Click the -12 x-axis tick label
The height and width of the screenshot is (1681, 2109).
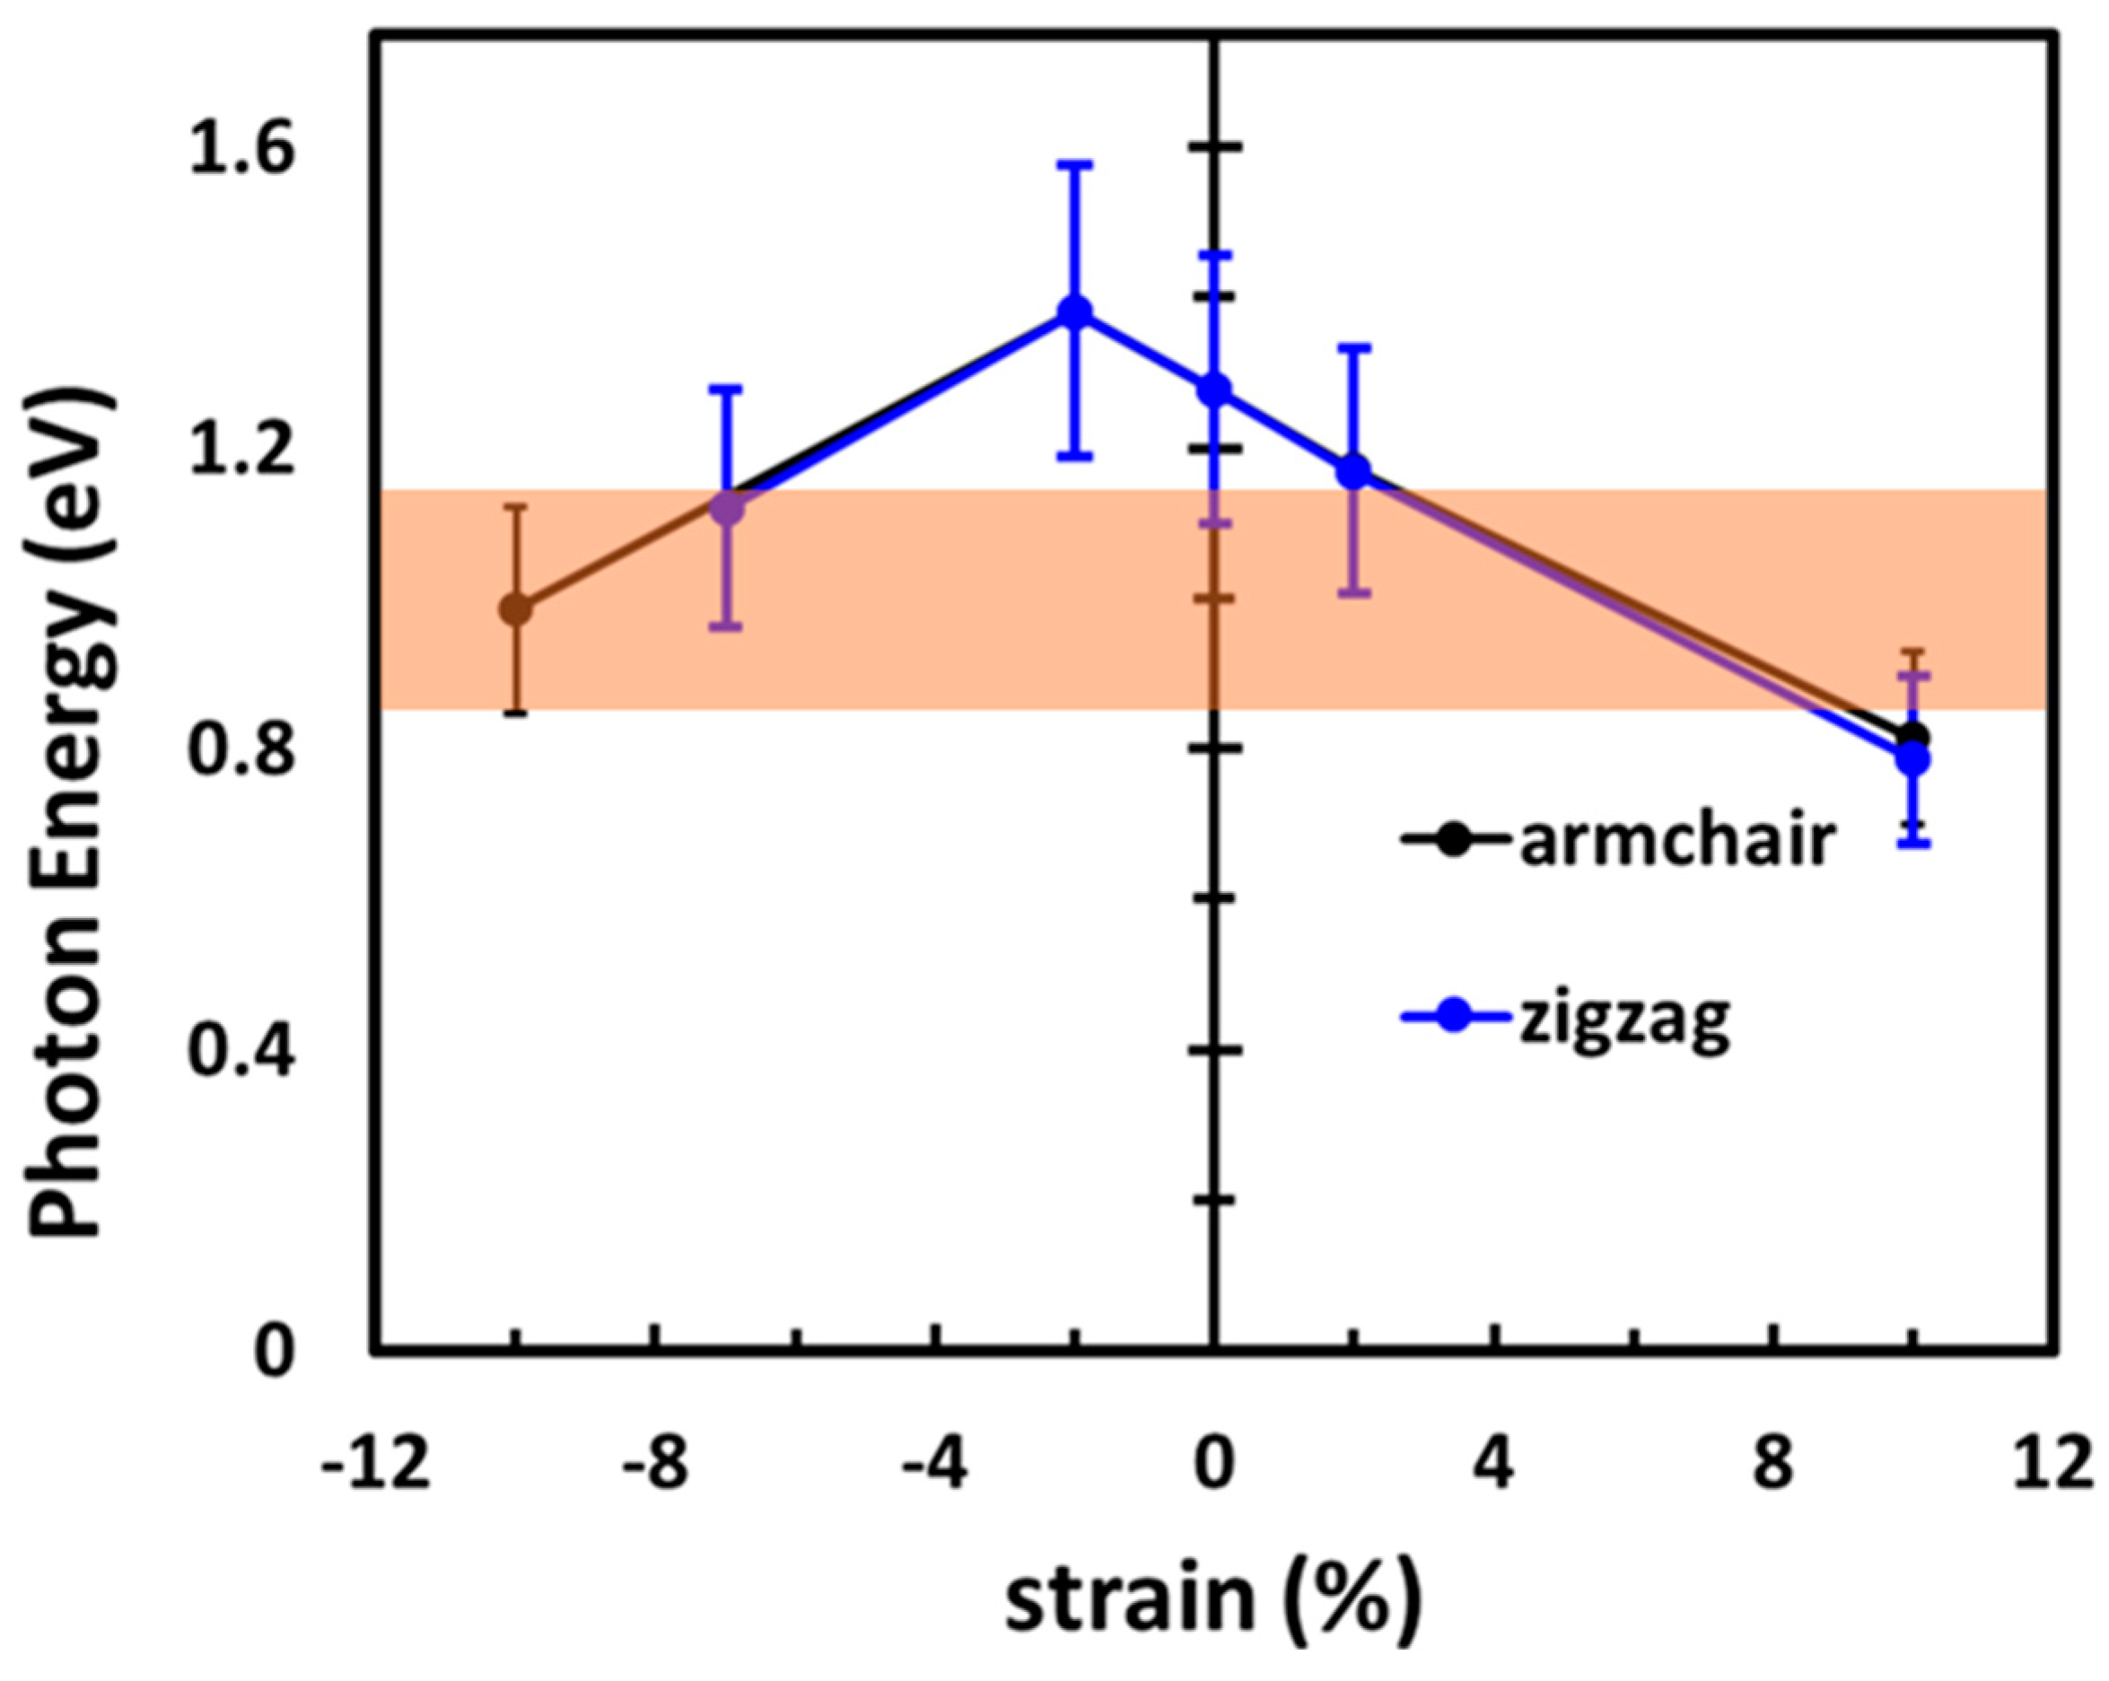377,1465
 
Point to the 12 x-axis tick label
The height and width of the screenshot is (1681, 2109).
2052,1465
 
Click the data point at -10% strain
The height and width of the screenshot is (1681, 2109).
515,609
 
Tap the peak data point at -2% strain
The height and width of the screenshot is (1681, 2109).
1075,312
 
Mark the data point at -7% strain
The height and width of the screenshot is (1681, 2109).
727,508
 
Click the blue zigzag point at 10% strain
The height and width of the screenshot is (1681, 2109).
1913,759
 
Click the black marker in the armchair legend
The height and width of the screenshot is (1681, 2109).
1454,839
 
